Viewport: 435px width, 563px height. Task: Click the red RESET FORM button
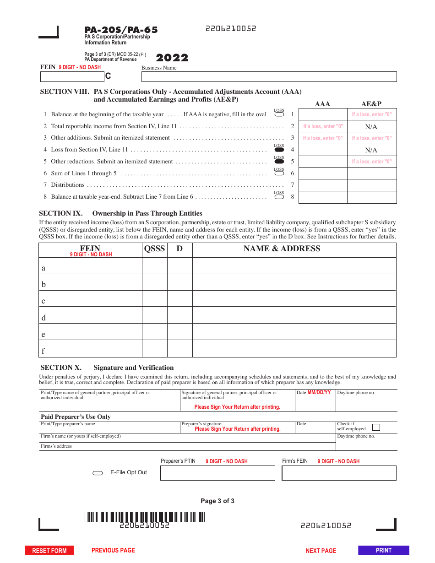tap(49, 551)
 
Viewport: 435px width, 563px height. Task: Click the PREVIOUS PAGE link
tap(113, 550)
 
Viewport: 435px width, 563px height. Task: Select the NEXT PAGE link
tap(321, 551)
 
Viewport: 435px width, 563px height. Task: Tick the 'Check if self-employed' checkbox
tap(376, 428)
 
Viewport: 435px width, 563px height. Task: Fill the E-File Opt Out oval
tap(98, 473)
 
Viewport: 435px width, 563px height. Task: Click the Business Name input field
tap(269, 76)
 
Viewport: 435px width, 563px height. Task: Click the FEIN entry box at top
tap(72, 76)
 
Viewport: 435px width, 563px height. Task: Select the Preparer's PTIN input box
tap(217, 473)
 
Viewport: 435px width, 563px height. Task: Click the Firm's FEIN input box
tap(339, 473)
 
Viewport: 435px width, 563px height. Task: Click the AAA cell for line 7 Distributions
tap(323, 185)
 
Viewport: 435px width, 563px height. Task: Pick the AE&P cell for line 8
tap(372, 197)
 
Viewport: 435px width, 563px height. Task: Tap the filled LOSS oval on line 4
tap(279, 150)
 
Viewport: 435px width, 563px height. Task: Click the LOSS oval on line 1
tap(279, 114)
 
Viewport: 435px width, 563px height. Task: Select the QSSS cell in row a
tap(154, 266)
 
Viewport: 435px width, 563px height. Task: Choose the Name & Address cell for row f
tap(294, 349)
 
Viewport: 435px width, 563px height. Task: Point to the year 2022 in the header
tap(172, 58)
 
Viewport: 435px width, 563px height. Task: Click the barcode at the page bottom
tap(144, 517)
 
